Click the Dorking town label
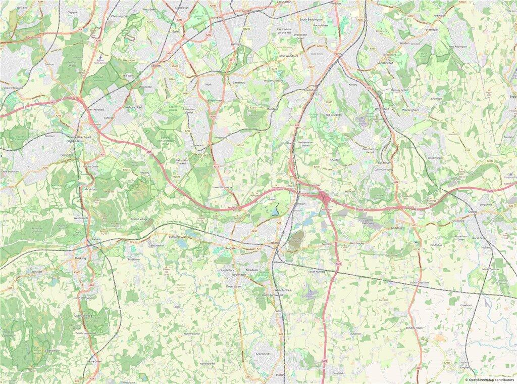(80, 258)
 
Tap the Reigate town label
(230, 249)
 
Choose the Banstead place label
(238, 81)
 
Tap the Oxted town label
(472, 211)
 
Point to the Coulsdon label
(309, 90)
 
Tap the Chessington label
(119, 16)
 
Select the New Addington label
(459, 47)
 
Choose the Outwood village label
(355, 333)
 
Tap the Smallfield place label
(338, 373)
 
